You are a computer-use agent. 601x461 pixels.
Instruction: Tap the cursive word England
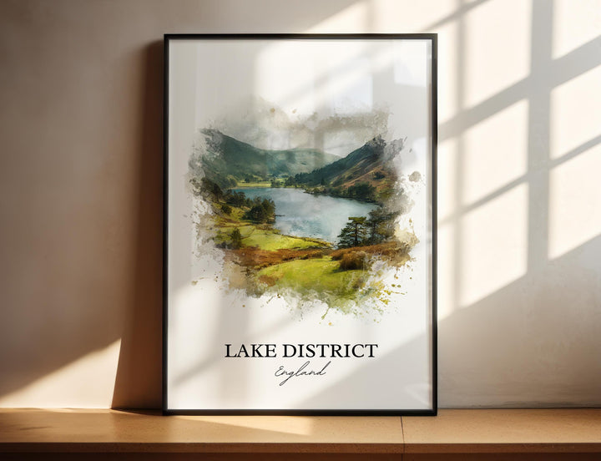(x=301, y=372)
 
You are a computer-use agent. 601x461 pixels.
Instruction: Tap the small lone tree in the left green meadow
(x=236, y=237)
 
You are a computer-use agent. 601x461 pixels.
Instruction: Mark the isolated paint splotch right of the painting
(x=415, y=176)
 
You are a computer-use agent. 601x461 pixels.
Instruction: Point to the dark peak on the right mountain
(x=376, y=146)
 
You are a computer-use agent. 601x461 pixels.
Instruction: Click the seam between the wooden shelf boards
(x=402, y=434)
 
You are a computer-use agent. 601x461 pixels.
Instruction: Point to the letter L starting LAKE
(x=229, y=351)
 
